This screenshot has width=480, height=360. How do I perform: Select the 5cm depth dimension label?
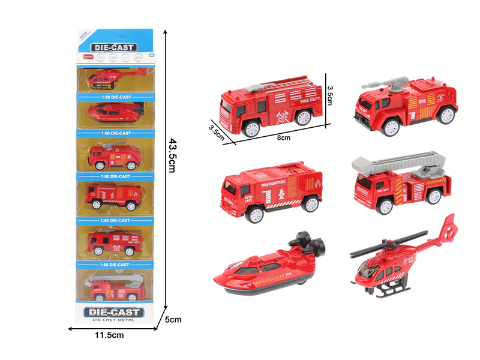[173, 320]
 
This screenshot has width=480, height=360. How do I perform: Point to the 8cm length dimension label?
[283, 137]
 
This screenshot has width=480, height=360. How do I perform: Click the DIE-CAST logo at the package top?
[115, 47]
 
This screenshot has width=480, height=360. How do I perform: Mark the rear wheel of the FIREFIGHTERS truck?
[310, 204]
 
